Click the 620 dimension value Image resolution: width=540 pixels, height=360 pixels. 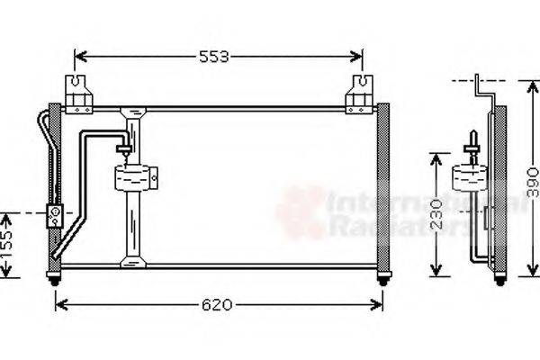(217, 304)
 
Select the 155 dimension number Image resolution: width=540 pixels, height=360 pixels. (7, 244)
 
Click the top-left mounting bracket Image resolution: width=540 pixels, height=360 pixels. (79, 94)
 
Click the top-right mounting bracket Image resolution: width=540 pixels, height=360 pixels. (360, 94)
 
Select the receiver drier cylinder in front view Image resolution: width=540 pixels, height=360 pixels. (136, 175)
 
